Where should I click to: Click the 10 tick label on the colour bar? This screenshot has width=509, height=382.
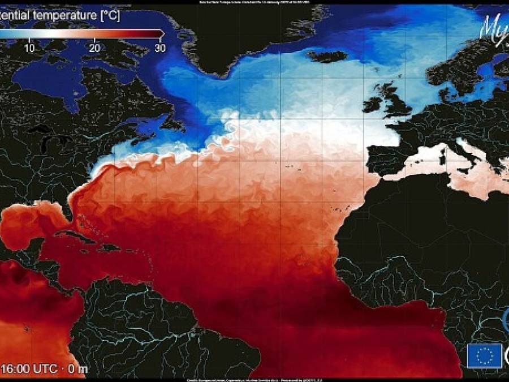tap(29, 48)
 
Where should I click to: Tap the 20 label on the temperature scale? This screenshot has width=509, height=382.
tap(94, 48)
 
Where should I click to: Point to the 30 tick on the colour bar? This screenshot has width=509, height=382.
tap(160, 48)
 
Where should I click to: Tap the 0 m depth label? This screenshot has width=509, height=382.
tap(78, 368)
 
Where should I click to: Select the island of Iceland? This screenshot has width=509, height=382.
tap(327, 55)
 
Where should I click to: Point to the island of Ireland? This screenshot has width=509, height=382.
tap(373, 104)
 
